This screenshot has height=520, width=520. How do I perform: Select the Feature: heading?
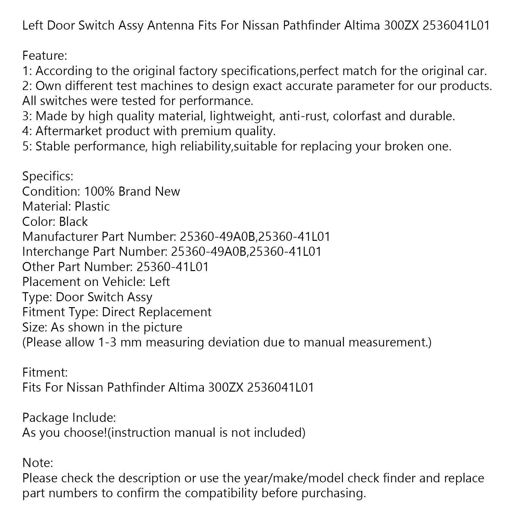pyautogui.click(x=45, y=56)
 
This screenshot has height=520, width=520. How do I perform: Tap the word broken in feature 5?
pyautogui.click(x=401, y=146)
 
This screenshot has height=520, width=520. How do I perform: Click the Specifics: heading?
pyautogui.click(x=48, y=176)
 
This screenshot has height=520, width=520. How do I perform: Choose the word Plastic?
pyautogui.click(x=92, y=206)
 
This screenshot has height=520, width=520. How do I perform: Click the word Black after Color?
pyautogui.click(x=73, y=222)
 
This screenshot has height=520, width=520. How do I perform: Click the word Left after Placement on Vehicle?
pyautogui.click(x=159, y=282)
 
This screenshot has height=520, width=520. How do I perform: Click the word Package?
pyautogui.click(x=45, y=418)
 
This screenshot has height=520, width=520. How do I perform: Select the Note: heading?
pyautogui.click(x=37, y=463)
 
